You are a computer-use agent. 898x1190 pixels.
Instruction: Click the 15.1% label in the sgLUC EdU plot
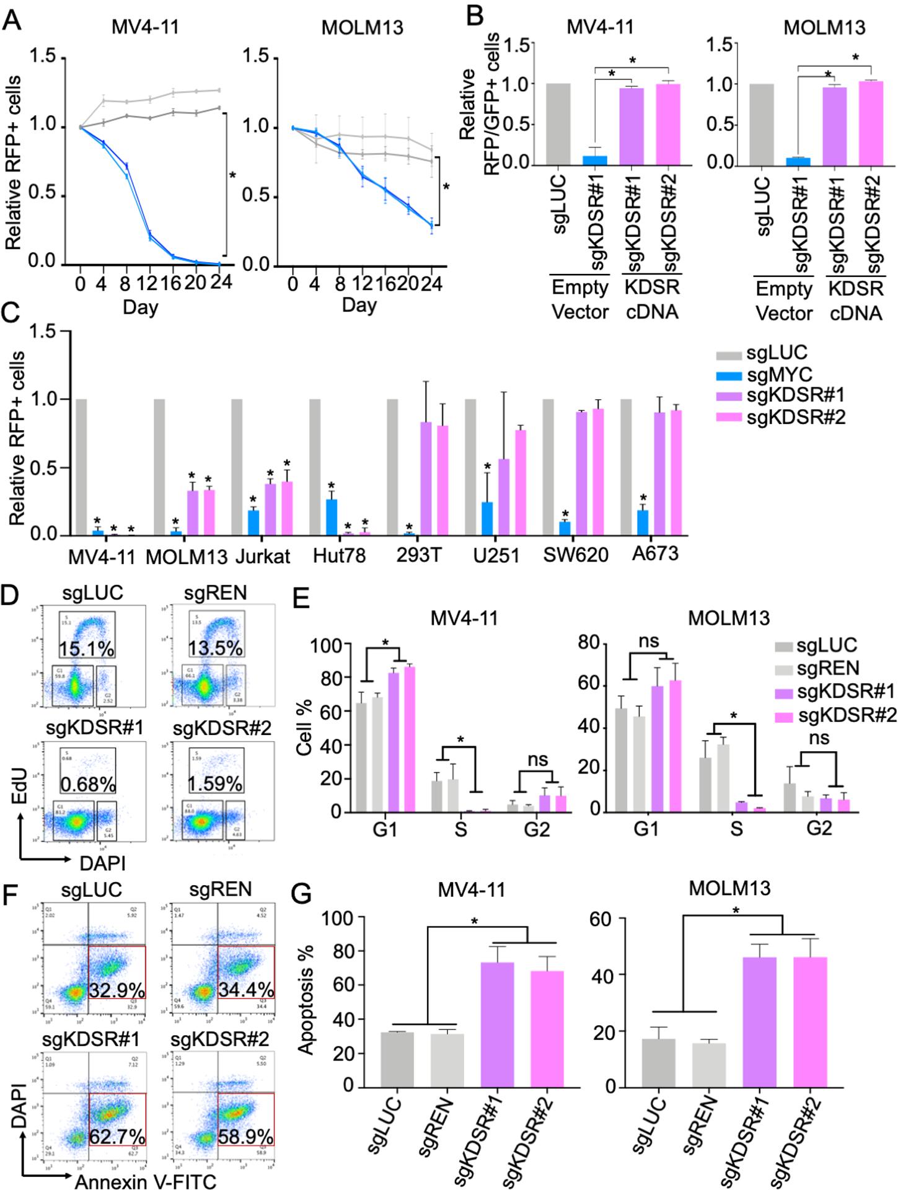(87, 649)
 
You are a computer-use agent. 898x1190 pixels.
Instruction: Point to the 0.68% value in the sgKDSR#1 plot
(88, 784)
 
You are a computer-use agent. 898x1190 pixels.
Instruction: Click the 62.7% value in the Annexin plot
(117, 1137)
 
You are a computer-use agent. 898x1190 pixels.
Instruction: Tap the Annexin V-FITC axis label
(146, 1181)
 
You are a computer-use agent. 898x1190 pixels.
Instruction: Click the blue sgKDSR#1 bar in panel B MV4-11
(595, 160)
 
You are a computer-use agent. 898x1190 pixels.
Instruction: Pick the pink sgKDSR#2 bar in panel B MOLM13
(869, 124)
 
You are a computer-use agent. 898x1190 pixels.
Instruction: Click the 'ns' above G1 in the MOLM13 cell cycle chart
(648, 641)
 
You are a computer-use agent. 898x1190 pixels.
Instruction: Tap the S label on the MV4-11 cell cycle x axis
(460, 829)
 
